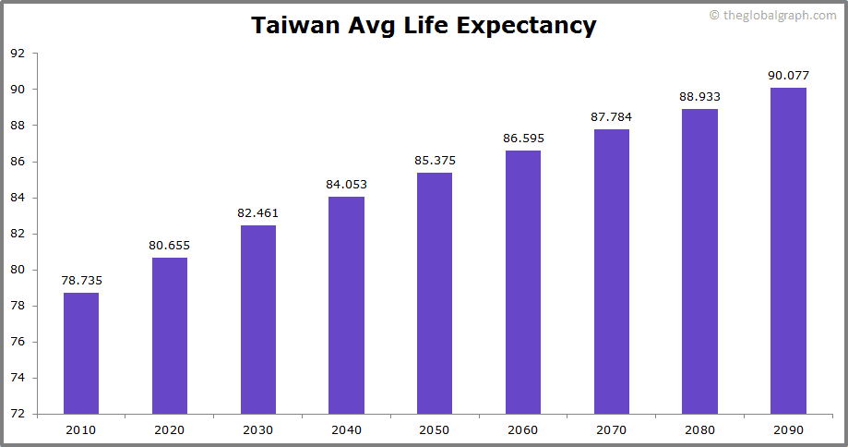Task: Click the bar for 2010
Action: pos(81,353)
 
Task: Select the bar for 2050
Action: pos(435,293)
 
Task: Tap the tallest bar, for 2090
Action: pos(788,250)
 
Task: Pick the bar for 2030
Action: pos(258,319)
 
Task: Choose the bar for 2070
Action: pos(612,272)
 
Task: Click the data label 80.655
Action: pos(170,246)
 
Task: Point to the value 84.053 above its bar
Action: pos(346,185)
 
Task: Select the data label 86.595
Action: pos(523,139)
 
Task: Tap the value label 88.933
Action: pos(699,96)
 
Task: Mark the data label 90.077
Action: pos(788,76)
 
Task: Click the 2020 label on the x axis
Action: pos(170,429)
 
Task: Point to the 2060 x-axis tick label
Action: pos(523,429)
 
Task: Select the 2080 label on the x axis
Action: pos(699,429)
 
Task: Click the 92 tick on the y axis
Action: pos(18,54)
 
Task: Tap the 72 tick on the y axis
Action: pos(18,414)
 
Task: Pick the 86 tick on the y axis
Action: pos(18,162)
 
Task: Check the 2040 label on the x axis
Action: pos(346,429)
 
